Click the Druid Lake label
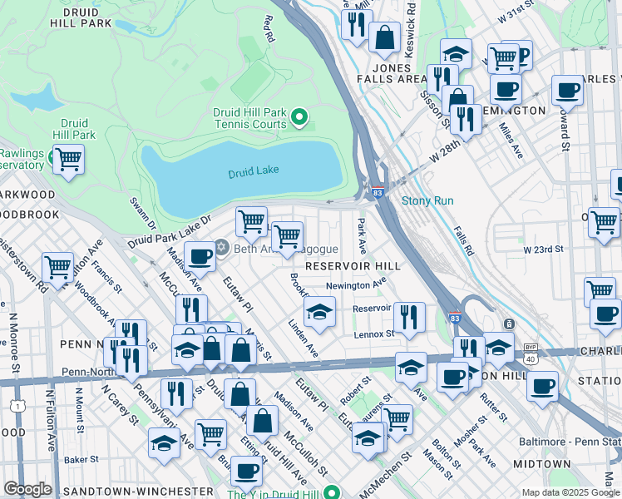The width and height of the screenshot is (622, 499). point(254,171)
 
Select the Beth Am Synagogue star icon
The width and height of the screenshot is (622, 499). point(221,247)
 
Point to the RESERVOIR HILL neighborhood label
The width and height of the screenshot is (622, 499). point(353,266)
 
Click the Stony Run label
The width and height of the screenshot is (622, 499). point(427,200)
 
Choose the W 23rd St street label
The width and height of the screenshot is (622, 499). point(543,249)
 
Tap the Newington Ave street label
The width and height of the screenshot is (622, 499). point(356,284)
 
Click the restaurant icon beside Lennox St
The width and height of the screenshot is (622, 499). point(408,317)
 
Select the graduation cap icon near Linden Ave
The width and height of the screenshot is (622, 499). point(319,313)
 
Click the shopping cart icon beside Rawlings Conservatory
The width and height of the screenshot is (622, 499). point(68,158)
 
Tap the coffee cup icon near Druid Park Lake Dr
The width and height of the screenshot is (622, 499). point(200,258)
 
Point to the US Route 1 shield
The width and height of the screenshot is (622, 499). point(17,403)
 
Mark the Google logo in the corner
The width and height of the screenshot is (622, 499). point(27,489)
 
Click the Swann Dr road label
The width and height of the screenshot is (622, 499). point(142,213)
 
